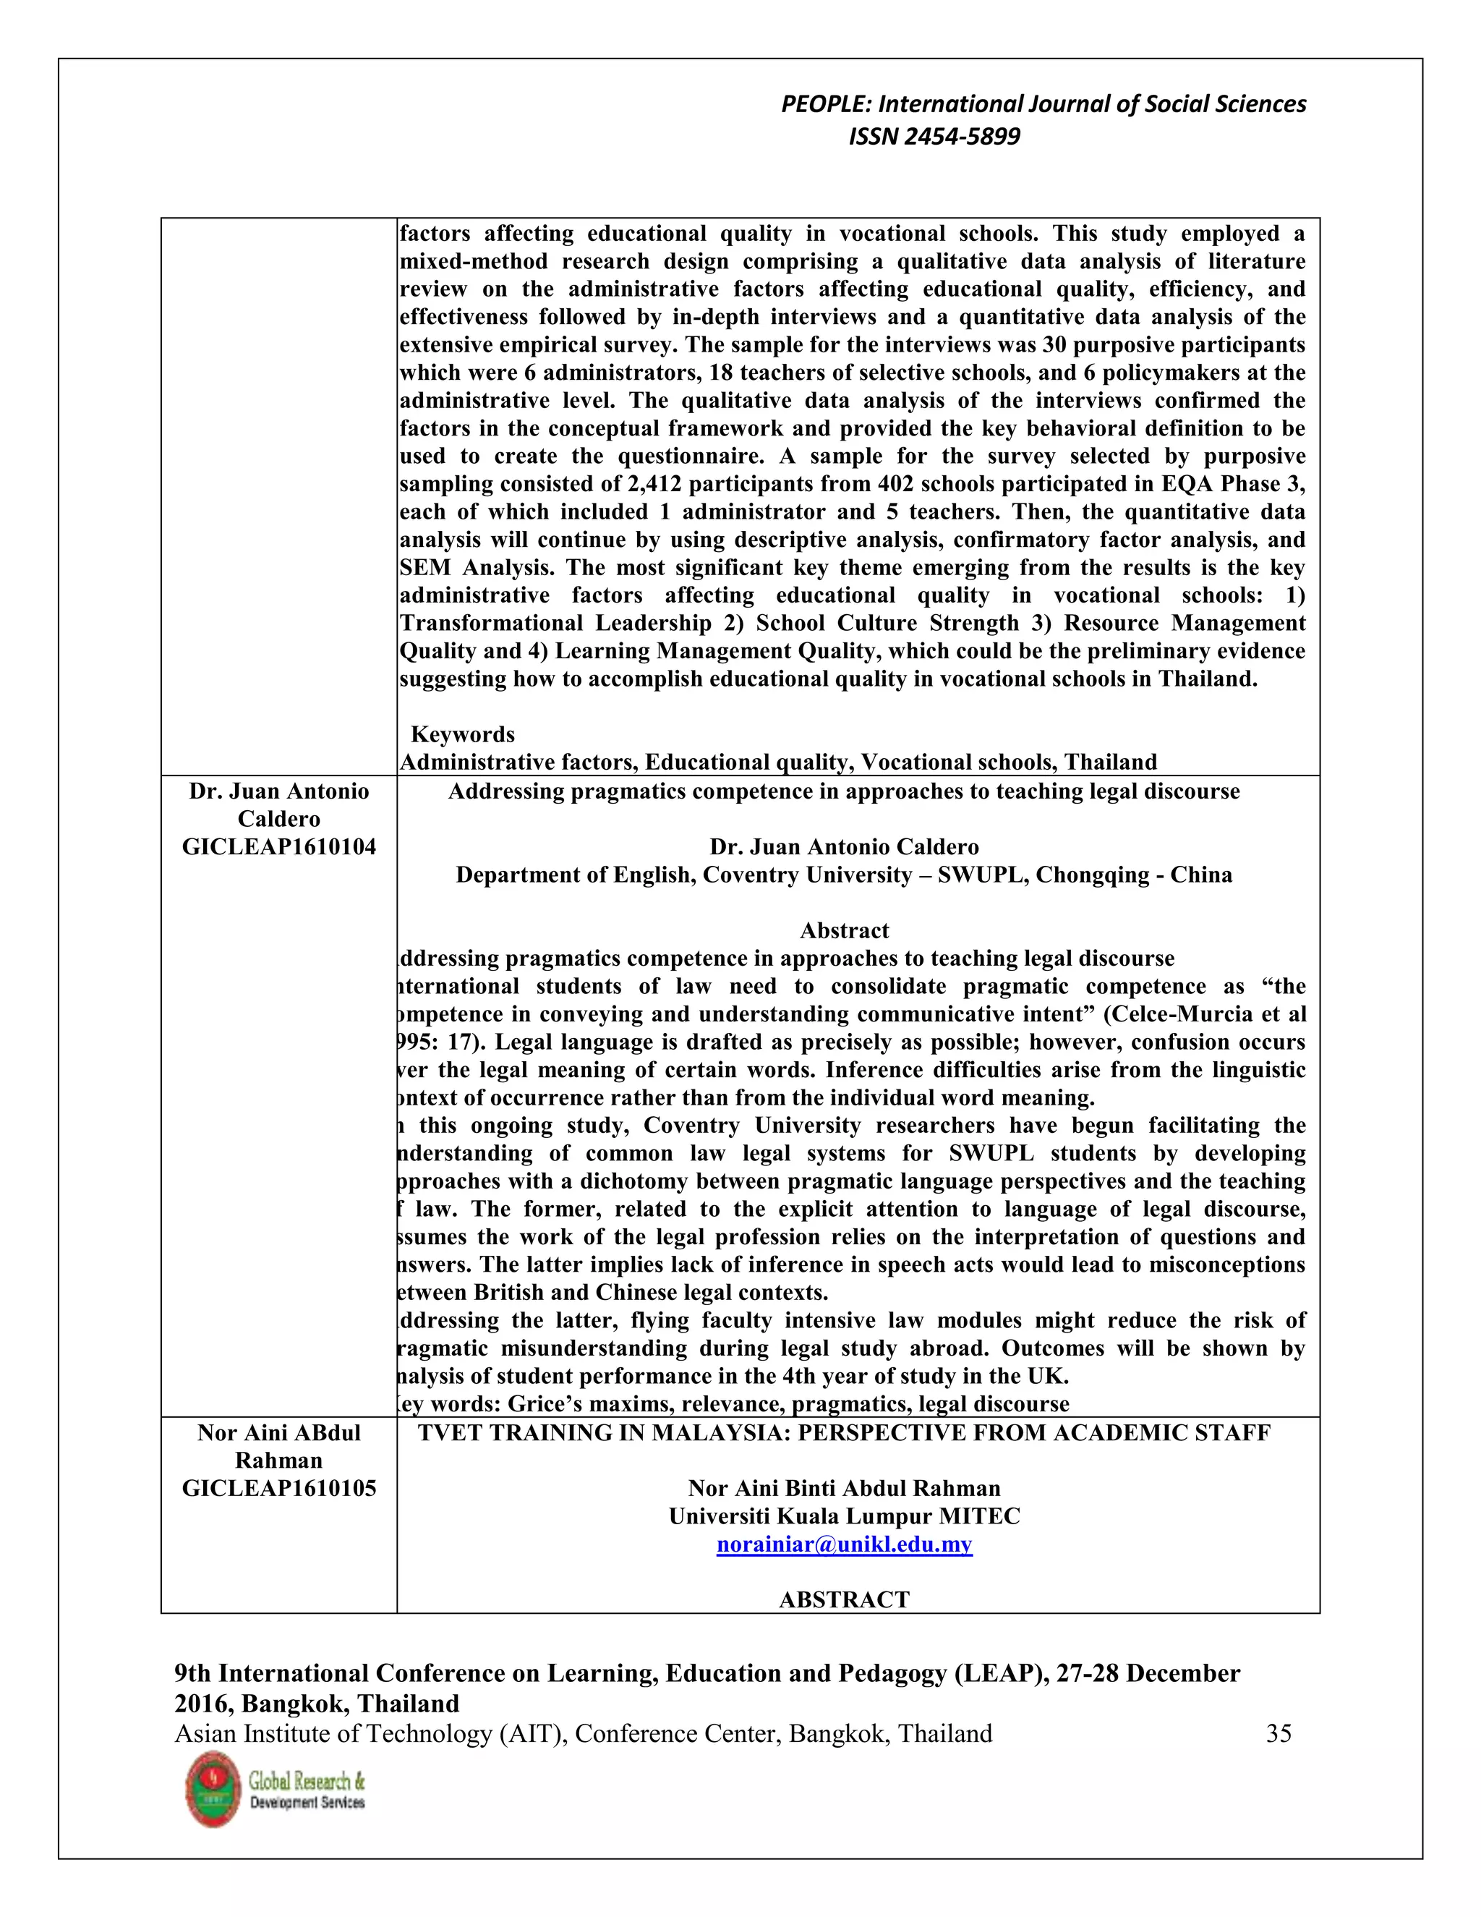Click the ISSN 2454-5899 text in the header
point(934,137)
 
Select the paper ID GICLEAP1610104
point(278,847)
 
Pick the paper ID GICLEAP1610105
point(278,1489)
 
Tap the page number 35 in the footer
point(1279,1733)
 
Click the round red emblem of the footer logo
point(213,1790)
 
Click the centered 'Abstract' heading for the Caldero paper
point(844,930)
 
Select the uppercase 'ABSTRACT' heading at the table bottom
point(844,1599)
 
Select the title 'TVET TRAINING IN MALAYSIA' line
point(844,1433)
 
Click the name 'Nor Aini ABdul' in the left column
point(278,1433)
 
